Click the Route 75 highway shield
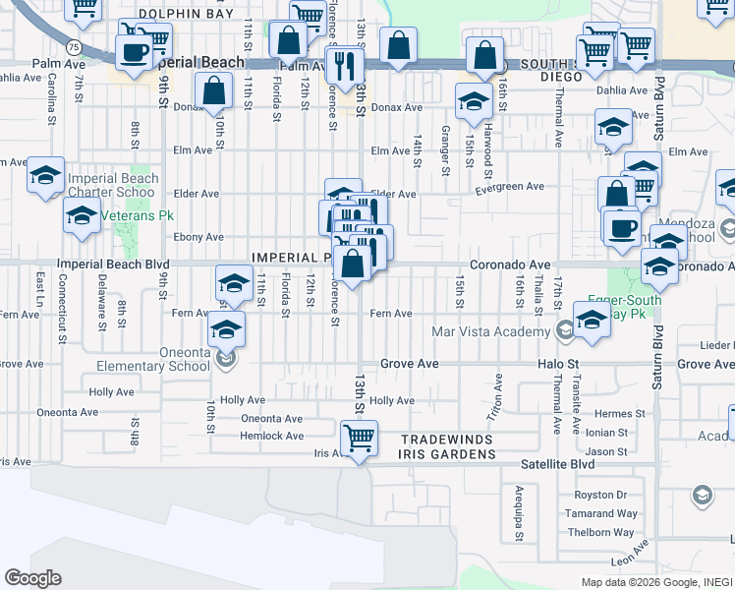[x=74, y=46]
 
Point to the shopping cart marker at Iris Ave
[x=359, y=438]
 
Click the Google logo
[x=32, y=577]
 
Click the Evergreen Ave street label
[x=510, y=187]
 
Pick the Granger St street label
[x=445, y=155]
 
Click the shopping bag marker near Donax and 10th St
[x=213, y=91]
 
